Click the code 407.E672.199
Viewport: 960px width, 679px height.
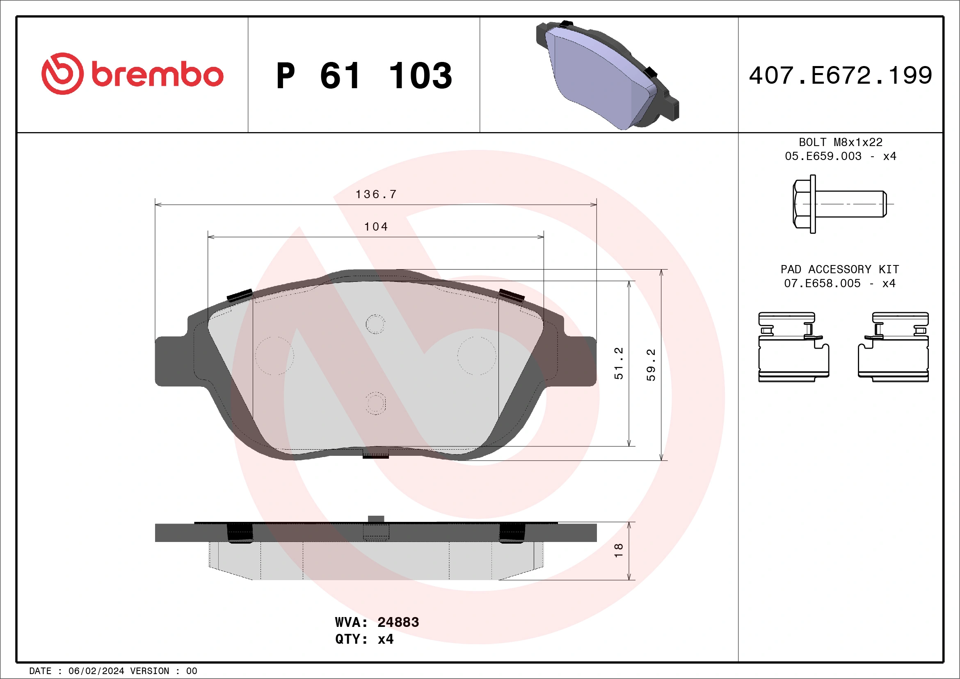841,75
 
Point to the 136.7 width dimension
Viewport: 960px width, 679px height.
375,194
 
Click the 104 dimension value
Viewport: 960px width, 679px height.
375,226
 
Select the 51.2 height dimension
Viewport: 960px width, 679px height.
618,363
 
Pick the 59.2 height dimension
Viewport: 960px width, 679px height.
651,365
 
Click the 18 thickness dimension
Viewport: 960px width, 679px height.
618,550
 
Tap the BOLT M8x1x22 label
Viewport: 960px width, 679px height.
841,142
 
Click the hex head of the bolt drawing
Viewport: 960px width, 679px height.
802,204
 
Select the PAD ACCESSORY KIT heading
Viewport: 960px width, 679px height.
839,269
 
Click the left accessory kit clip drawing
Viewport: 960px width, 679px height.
793,347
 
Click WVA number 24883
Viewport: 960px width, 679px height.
398,622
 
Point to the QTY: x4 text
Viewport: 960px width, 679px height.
364,639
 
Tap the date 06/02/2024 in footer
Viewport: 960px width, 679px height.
96,671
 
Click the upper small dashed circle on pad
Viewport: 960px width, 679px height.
375,324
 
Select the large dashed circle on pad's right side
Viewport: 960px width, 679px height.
476,355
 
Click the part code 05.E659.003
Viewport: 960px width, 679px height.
823,156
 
